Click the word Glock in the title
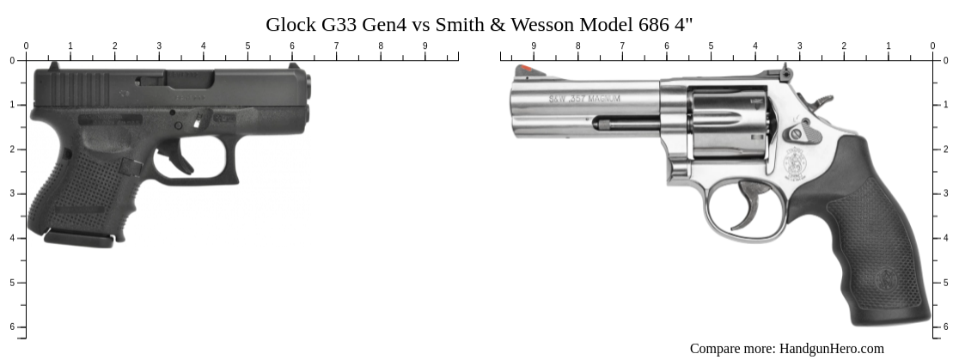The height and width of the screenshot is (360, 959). pos(289,24)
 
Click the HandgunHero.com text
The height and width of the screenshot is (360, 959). pos(831,348)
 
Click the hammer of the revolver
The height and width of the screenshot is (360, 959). pos(820,101)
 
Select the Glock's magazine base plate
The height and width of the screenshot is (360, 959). pos(78,238)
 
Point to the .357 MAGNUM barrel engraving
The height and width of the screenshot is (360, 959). pos(584,99)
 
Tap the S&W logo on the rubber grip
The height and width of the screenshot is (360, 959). pos(886,280)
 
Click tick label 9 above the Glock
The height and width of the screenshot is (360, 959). pos(425,46)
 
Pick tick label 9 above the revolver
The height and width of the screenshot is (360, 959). pos(534,46)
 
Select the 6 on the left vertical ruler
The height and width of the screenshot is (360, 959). pos(12,327)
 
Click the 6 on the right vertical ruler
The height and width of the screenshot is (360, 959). pos(946,327)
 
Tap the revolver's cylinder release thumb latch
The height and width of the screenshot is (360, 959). pos(797,133)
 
